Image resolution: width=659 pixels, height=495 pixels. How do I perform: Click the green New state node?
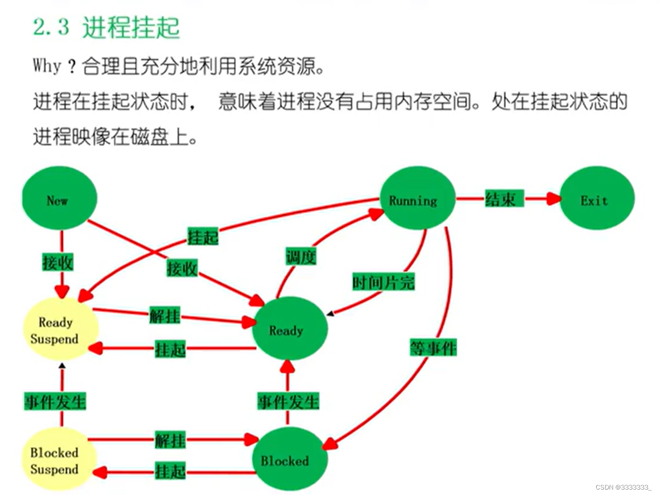coord(59,198)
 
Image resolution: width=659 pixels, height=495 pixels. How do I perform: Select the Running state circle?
coord(418,198)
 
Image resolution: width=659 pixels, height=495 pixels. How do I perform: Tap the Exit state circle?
coord(597,198)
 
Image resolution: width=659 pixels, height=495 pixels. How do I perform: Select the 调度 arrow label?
coord(301,256)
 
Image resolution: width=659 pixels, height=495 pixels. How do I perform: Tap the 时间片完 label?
coord(383,283)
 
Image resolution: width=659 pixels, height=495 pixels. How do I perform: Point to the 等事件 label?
coord(433,348)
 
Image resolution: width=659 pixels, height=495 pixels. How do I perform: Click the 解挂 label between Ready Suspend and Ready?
coord(165,315)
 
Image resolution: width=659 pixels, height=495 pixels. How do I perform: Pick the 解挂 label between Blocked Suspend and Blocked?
coord(171,440)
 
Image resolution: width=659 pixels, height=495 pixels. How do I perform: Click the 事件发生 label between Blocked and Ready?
coord(289,401)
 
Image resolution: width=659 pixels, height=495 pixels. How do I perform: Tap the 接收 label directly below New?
coord(58,263)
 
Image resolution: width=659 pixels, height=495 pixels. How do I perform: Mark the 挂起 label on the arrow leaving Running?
coord(203,237)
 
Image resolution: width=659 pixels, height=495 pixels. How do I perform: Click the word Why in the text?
coord(47,66)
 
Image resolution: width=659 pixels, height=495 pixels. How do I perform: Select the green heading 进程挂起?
coord(131,27)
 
